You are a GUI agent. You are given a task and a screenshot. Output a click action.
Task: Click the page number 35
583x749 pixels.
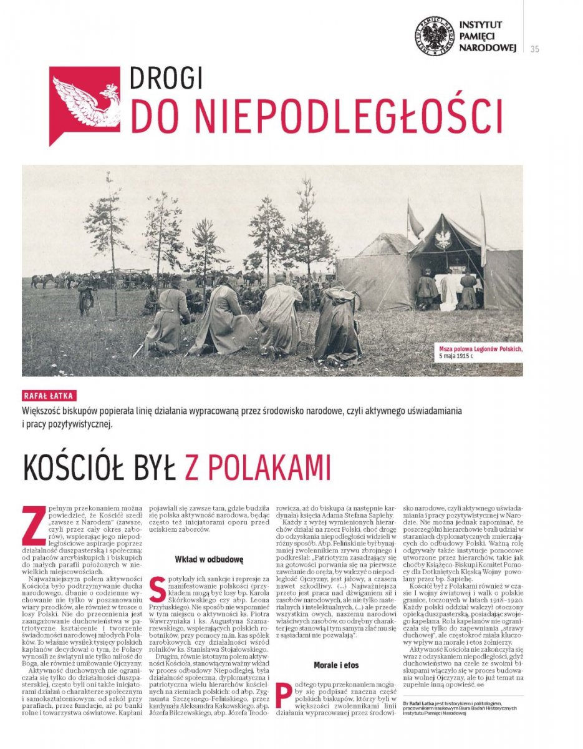click(x=535, y=50)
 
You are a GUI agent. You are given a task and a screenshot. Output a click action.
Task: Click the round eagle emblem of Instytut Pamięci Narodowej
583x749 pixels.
click(x=434, y=36)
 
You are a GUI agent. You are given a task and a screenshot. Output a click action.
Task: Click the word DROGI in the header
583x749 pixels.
click(x=166, y=79)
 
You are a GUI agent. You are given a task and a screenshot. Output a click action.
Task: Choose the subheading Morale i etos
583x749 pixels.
click(x=336, y=665)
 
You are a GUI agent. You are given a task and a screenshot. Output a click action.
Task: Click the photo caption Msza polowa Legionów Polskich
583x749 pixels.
click(x=479, y=349)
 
